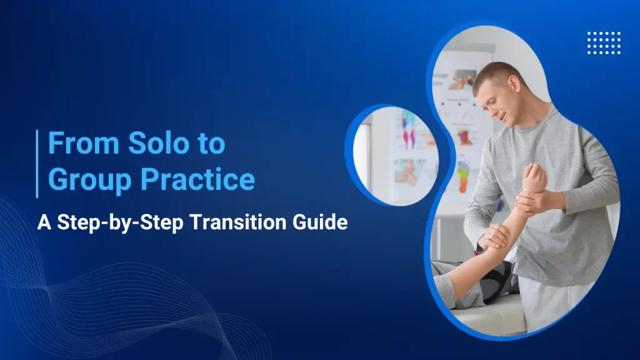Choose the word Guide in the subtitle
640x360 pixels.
point(321,222)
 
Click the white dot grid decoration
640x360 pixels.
point(604,42)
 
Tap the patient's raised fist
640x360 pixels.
point(534,177)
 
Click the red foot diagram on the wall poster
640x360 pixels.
point(466,137)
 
